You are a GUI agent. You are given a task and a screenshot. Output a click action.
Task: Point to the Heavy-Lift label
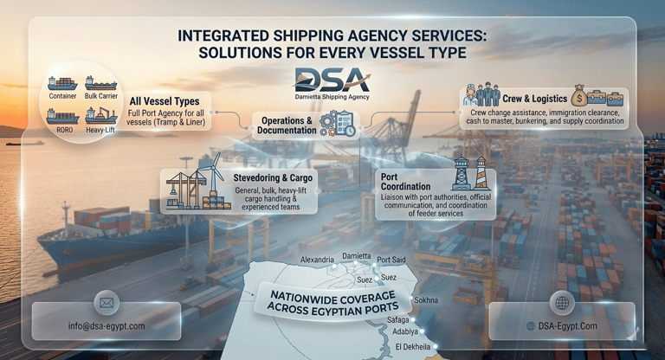click(101, 131)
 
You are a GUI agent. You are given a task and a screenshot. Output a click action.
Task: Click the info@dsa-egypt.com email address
click(107, 325)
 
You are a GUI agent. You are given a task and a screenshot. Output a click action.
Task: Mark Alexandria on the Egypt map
click(316, 260)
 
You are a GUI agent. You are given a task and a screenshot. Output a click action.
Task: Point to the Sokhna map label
click(426, 299)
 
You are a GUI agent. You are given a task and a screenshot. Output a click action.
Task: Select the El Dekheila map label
click(414, 346)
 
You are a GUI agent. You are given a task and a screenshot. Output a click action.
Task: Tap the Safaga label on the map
click(399, 319)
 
